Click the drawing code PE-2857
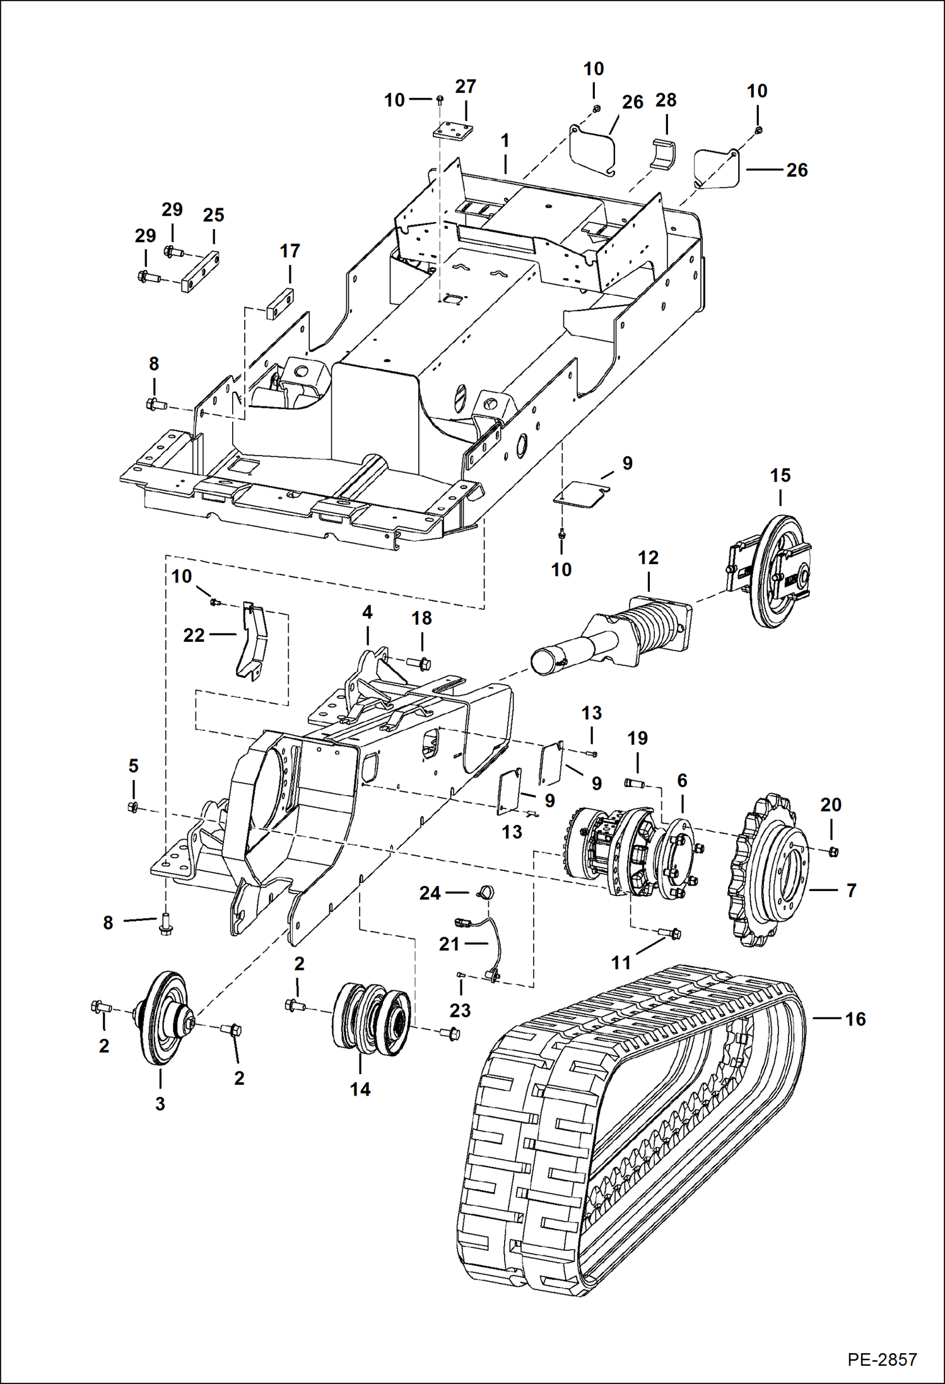point(881,1359)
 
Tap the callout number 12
point(648,557)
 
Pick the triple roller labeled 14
point(371,1017)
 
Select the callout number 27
point(466,86)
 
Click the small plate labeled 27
point(453,131)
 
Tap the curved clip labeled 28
point(663,153)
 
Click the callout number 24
point(430,893)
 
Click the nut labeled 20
point(832,851)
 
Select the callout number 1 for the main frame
point(505,141)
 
